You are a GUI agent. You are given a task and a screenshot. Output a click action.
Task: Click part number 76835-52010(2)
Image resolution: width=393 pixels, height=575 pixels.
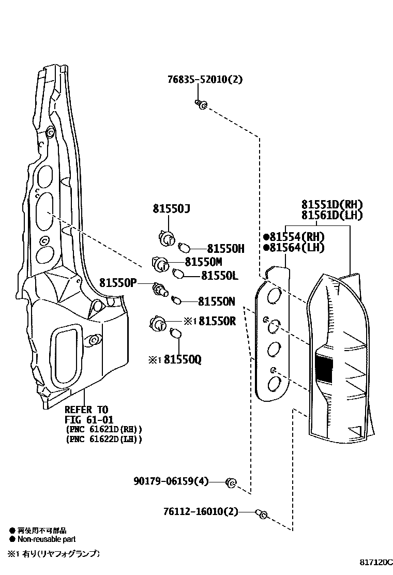coord(205,80)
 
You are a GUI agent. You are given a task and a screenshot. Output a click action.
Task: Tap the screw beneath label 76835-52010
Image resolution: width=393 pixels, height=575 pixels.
coord(201,104)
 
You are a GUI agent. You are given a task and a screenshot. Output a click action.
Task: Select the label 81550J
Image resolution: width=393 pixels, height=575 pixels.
coord(171,209)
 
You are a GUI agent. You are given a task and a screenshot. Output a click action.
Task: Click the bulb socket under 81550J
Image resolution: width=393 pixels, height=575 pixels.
coord(166,238)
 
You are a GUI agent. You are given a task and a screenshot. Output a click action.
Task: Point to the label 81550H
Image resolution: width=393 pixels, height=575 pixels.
coord(225,249)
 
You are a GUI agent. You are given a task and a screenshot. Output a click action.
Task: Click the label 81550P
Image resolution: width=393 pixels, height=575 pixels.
coord(118,282)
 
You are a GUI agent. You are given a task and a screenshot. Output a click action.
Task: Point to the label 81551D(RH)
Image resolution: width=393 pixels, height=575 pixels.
coord(332,204)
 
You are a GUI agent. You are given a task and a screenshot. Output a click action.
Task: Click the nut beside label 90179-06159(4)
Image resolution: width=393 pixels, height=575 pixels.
coord(231,483)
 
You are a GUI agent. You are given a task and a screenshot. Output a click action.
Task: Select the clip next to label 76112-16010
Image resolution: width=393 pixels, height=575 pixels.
coord(262,513)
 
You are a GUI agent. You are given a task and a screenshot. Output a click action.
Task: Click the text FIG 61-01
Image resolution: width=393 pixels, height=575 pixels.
coord(89,419)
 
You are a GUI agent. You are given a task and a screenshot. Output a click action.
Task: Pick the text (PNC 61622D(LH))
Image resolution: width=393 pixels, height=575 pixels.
coord(104,439)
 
